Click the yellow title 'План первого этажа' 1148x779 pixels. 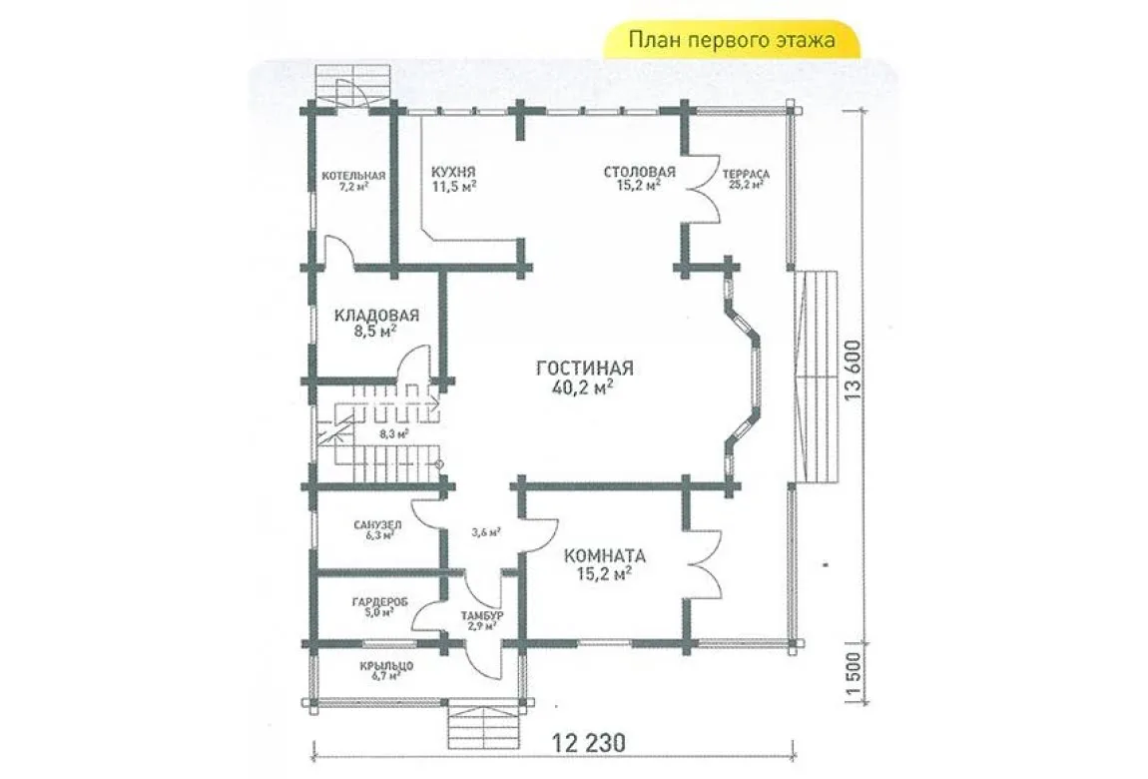pyautogui.click(x=732, y=39)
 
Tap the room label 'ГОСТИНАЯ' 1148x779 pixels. pyautogui.click(x=585, y=368)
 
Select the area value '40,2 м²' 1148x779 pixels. pyautogui.click(x=584, y=387)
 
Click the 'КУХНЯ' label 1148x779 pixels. pyautogui.click(x=453, y=172)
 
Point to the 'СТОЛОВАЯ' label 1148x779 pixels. pyautogui.click(x=639, y=172)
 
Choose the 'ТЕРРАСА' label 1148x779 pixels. pyautogui.click(x=746, y=174)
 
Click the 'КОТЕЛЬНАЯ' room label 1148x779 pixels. pyautogui.click(x=353, y=176)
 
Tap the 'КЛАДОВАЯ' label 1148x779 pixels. pyautogui.click(x=376, y=316)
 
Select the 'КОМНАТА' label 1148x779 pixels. pyautogui.click(x=605, y=555)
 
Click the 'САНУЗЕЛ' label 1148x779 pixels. pyautogui.click(x=377, y=525)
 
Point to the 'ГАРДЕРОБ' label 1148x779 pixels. pyautogui.click(x=380, y=602)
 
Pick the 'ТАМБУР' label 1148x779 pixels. pyautogui.click(x=482, y=616)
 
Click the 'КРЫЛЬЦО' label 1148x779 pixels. pyautogui.click(x=386, y=666)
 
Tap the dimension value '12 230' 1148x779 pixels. pyautogui.click(x=589, y=743)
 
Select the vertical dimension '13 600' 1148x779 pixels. pyautogui.click(x=854, y=370)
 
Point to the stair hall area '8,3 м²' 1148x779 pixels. pyautogui.click(x=394, y=433)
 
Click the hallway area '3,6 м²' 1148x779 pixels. pyautogui.click(x=486, y=532)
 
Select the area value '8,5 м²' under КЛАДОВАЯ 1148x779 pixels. pyautogui.click(x=375, y=331)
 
